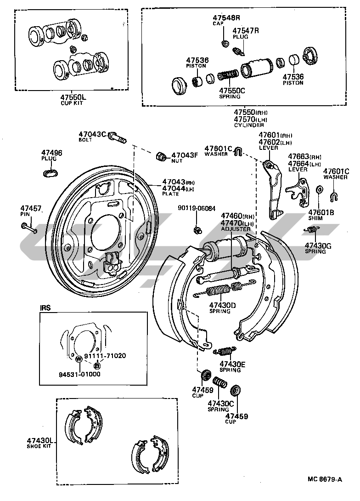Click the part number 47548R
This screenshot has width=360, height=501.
click(x=226, y=17)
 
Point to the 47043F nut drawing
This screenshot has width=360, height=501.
click(x=161, y=156)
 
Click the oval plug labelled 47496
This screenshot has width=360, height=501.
click(x=51, y=172)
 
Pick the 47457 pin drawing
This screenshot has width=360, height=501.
click(x=29, y=228)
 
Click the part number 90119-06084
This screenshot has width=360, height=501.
click(x=197, y=208)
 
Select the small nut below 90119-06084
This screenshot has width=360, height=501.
click(x=198, y=229)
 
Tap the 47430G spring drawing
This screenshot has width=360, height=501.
click(x=311, y=229)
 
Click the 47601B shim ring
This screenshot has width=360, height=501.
click(x=319, y=189)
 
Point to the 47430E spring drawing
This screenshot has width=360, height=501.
click(x=225, y=351)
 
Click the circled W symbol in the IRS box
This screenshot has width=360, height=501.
click(x=78, y=359)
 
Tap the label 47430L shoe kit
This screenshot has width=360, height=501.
click(x=40, y=443)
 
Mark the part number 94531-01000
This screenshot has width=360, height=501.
click(x=79, y=374)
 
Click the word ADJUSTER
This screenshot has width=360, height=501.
click(x=236, y=229)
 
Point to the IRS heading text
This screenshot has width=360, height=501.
click(x=45, y=308)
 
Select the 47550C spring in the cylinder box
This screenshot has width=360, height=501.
click(x=228, y=76)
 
